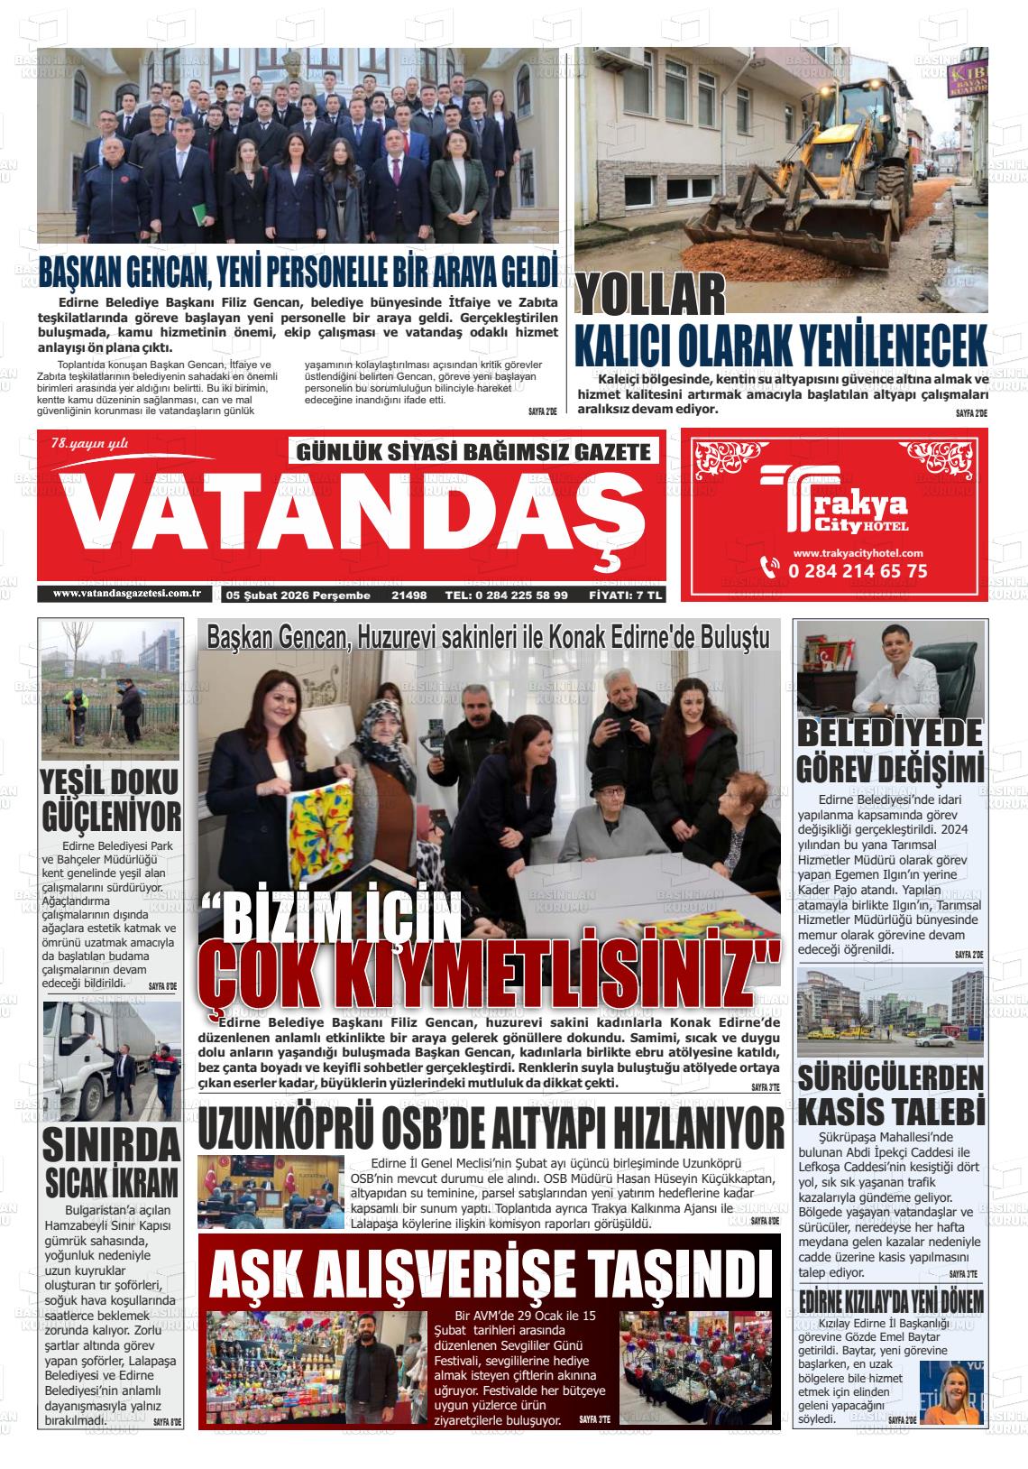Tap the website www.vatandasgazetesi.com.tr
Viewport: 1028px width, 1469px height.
(x=126, y=593)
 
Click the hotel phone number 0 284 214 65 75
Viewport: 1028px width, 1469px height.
(x=857, y=570)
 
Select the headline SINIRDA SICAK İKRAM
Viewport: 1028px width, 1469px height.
(x=112, y=1161)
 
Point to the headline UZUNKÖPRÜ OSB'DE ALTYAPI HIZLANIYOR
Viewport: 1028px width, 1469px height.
(x=491, y=1130)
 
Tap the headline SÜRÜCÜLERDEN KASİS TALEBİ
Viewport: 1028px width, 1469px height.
(x=889, y=1094)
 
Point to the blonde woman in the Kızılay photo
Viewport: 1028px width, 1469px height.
(x=952, y=1390)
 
